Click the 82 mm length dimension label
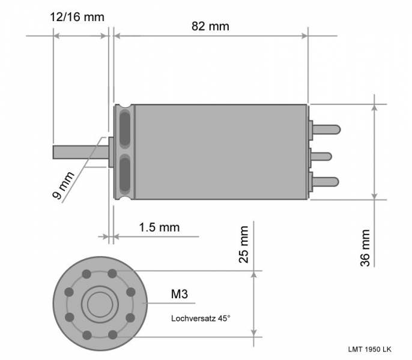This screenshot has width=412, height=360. pos(210,26)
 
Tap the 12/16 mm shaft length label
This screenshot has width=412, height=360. pos(77,17)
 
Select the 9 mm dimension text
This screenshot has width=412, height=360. pos(63,185)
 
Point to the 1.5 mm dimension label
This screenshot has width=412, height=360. pos(159,227)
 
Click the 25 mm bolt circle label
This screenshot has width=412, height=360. pos(244,244)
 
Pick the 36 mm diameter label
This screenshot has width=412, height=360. pos(365,248)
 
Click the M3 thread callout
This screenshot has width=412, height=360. pos(180,294)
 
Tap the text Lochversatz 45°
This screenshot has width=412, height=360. pos(201,319)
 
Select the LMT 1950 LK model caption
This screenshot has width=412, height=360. pos(370,349)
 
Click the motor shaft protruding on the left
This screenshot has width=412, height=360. pos(80,152)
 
